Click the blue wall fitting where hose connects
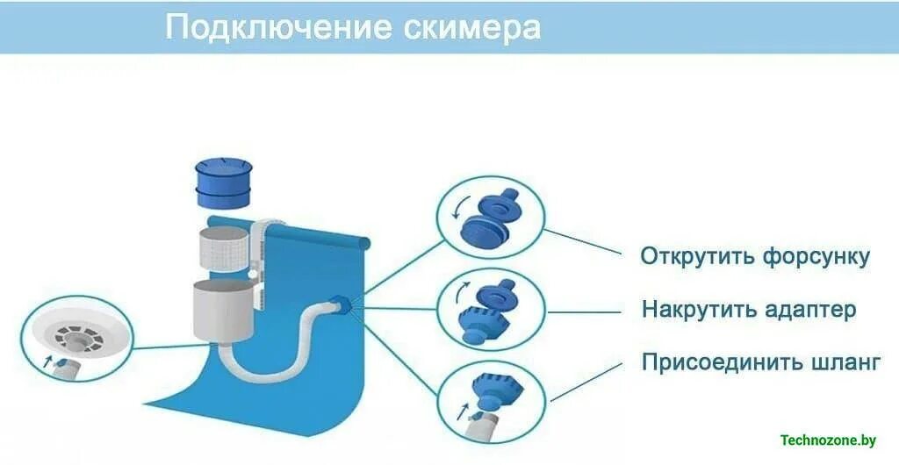coord(342,304)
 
